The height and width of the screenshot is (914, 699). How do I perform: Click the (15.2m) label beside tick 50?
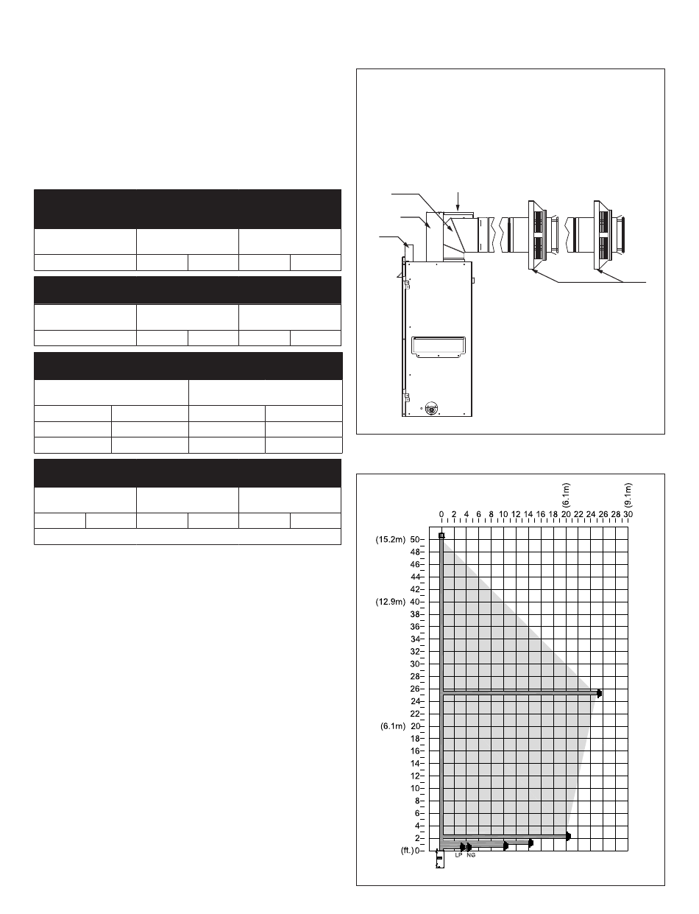(390, 540)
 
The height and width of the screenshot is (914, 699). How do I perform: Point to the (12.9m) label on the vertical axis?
(390, 602)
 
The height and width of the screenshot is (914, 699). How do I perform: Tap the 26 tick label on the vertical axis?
(414, 689)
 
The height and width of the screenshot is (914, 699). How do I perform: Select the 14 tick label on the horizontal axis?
(528, 514)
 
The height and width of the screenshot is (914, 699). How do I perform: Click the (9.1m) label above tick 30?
(628, 495)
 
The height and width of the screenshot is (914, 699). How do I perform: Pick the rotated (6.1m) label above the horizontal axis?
(566, 495)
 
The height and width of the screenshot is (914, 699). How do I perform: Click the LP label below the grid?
(458, 855)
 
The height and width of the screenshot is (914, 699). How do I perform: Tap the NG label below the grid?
(471, 855)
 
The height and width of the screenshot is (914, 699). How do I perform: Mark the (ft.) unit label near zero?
(407, 851)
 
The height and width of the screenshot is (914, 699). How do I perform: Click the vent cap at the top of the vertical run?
(441, 535)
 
